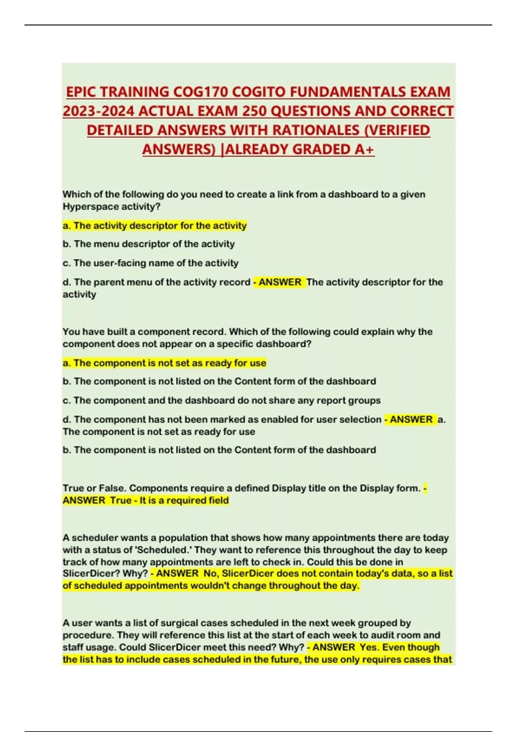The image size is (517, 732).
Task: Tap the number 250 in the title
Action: pyautogui.click(x=255, y=111)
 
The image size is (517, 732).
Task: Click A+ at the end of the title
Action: pyautogui.click(x=364, y=149)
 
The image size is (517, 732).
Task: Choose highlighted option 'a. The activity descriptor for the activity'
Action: pyautogui.click(x=155, y=226)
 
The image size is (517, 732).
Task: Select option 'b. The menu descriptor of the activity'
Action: pyautogui.click(x=149, y=244)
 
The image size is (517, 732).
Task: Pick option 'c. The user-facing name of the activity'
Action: pyautogui.click(x=150, y=263)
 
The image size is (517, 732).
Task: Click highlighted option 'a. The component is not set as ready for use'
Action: pyautogui.click(x=164, y=363)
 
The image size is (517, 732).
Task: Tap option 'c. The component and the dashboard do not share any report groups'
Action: pyautogui.click(x=221, y=400)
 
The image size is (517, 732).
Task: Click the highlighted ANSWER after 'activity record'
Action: pyautogui.click(x=280, y=282)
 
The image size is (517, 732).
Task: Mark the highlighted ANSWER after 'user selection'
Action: pyautogui.click(x=411, y=419)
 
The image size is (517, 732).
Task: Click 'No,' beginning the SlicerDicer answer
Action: pyautogui.click(x=210, y=574)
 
